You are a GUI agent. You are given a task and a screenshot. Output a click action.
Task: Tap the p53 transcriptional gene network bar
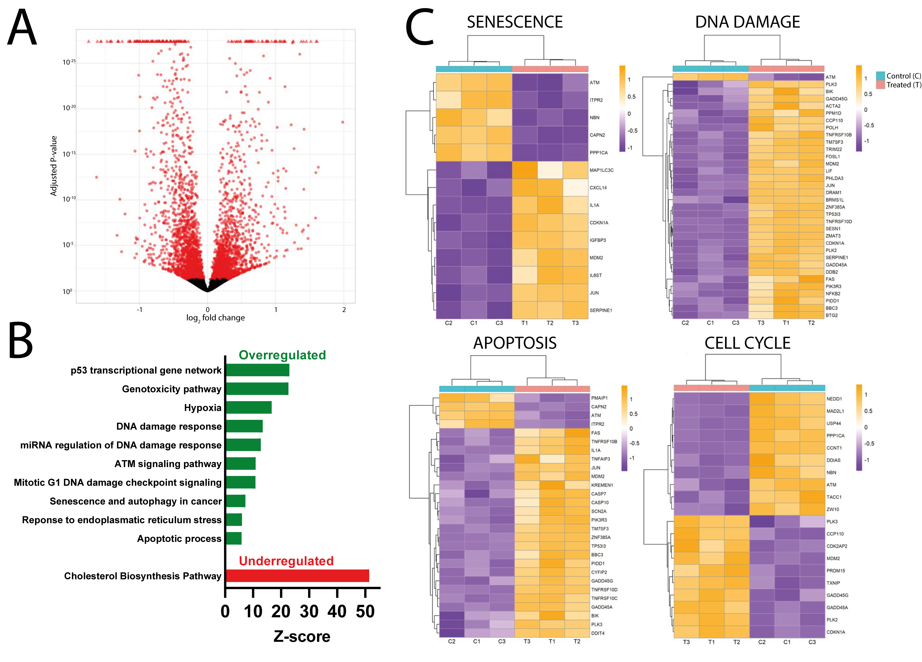[257, 370]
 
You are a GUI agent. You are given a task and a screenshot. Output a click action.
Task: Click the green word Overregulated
[282, 355]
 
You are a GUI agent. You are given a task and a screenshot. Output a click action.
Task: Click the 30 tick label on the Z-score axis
[309, 612]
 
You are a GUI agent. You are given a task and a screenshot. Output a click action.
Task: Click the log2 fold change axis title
[215, 318]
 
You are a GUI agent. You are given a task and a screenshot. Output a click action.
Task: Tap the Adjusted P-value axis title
[53, 166]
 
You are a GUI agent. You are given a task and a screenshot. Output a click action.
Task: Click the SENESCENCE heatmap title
[515, 22]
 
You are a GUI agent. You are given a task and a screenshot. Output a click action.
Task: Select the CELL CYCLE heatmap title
[747, 343]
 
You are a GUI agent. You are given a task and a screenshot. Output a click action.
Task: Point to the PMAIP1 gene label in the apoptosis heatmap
[599, 398]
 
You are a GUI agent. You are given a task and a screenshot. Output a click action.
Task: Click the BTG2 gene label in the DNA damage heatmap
[831, 315]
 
